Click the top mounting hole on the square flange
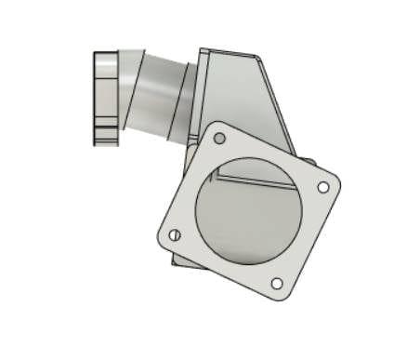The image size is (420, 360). tap(219, 139)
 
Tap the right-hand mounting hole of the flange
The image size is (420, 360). tap(322, 187)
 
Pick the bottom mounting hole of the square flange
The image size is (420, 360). tap(276, 283)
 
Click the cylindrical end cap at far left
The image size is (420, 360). tap(105, 98)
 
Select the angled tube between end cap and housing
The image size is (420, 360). tap(158, 93)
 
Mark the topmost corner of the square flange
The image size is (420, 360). tap(216, 123)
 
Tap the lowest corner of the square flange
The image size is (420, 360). tap(283, 300)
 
